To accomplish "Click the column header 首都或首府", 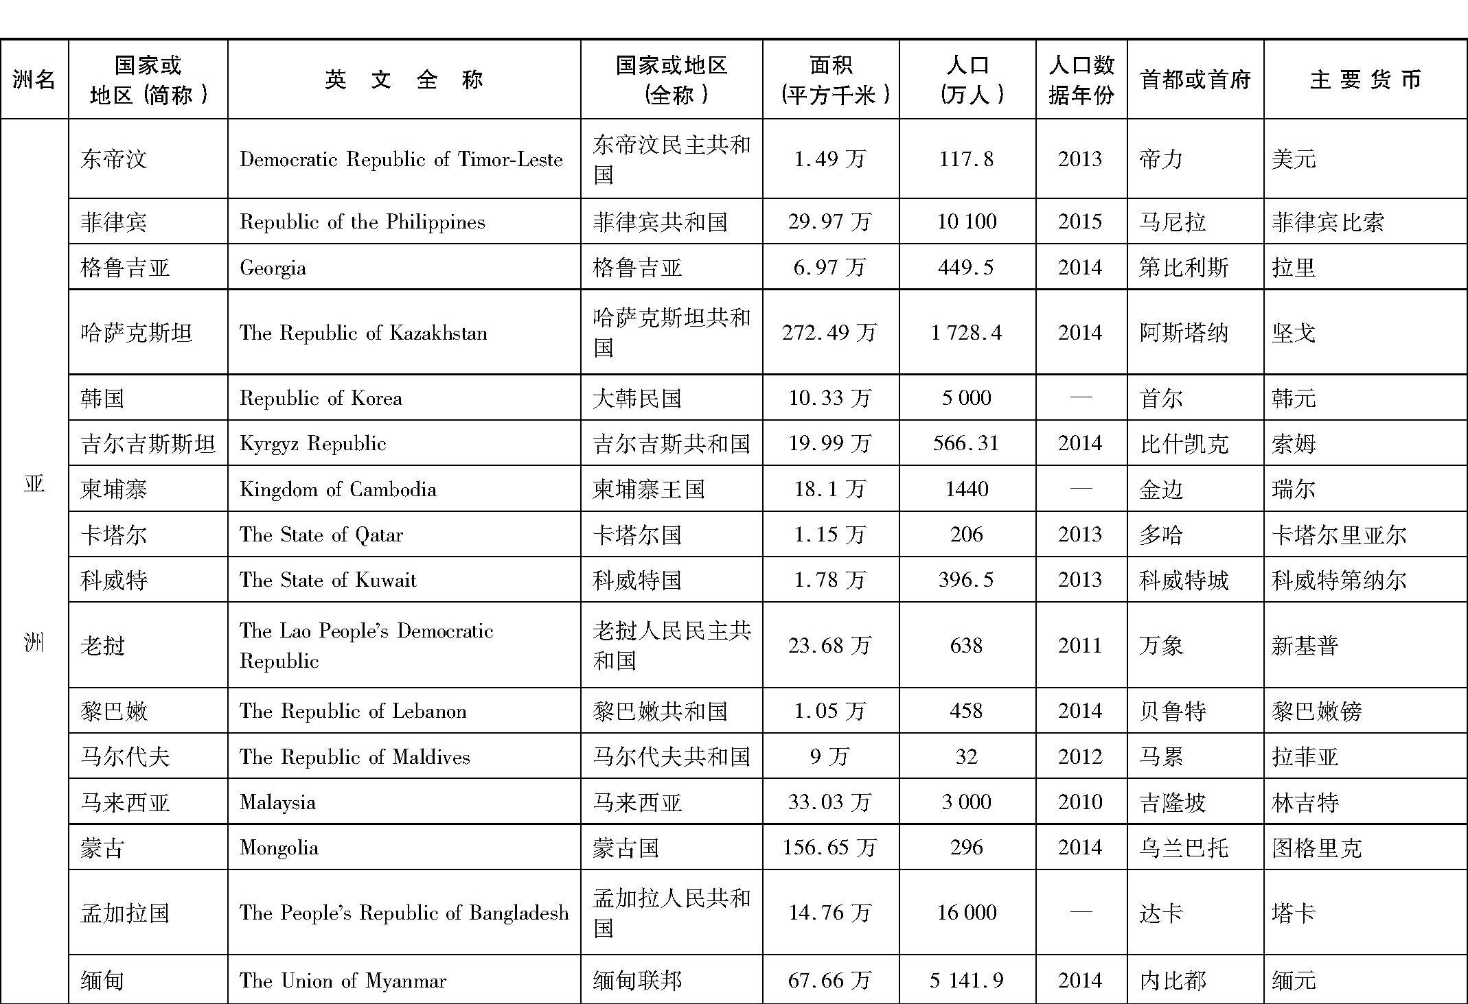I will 1195,80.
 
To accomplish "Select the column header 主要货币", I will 1365,80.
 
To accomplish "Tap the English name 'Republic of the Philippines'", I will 362,222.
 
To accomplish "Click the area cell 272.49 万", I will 829,333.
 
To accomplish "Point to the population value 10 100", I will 966,222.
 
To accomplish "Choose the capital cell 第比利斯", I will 1183,267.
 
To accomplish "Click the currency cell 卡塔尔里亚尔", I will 1339,535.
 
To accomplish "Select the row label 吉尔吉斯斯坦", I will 148,443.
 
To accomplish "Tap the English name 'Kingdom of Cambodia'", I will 338,489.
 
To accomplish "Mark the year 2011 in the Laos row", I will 1080,645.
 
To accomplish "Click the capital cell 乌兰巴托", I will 1183,848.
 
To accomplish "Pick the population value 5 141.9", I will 966,980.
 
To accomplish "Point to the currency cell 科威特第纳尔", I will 1339,580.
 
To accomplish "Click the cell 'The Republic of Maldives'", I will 354,756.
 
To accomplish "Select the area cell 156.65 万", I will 829,848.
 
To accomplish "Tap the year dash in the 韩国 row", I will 1080,398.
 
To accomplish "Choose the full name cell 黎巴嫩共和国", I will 659,711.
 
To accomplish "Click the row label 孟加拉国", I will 125,913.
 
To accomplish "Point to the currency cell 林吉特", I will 1305,802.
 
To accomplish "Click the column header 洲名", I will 34,80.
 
